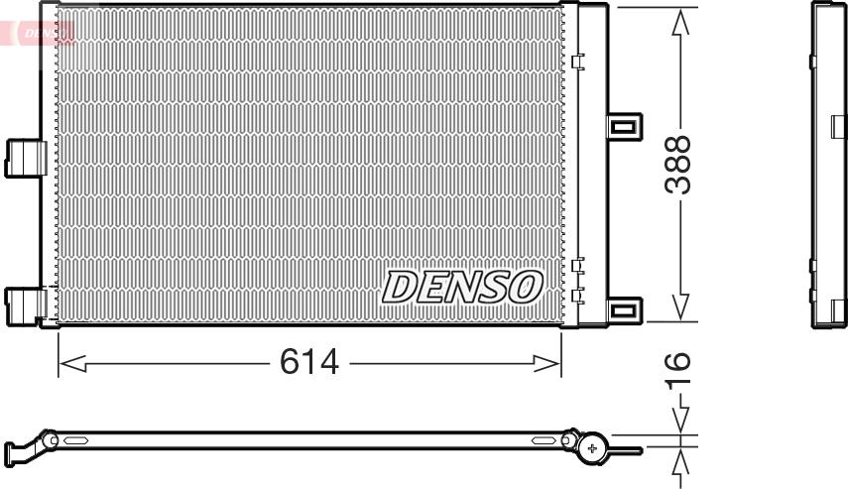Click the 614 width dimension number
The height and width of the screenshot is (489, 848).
309,362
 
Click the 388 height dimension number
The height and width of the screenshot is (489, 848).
678,165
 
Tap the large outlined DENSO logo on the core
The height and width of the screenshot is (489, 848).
462,287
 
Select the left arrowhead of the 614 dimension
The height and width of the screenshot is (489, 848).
72,363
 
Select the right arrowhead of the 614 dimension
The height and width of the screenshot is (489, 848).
547,363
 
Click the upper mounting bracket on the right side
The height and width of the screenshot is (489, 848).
625,127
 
